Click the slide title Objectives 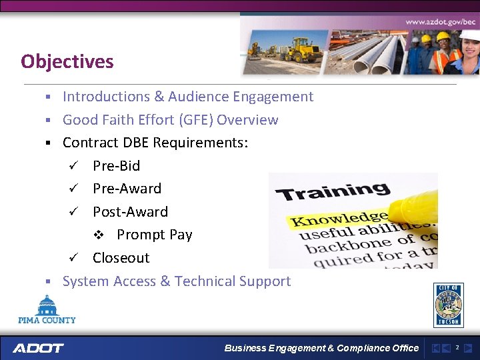coord(67,62)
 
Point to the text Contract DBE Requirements coord(155,143)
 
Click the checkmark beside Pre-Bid coord(77,166)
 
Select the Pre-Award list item coord(127,189)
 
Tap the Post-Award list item coord(130,212)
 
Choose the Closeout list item coord(121,258)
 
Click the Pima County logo coord(47,310)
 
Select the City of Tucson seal coord(448,305)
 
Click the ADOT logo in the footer coord(38,348)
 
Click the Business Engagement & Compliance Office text coord(321,348)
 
